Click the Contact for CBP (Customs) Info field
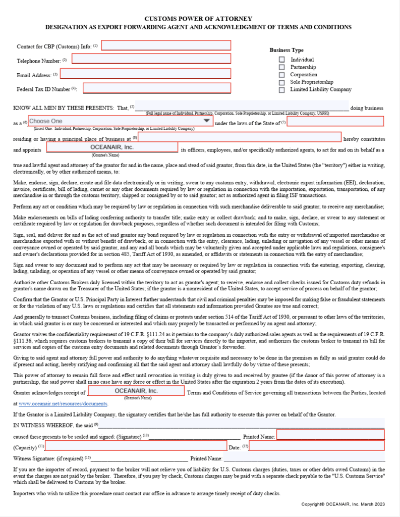166,46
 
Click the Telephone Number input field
151,59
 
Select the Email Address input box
145,74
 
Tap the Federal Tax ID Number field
157,88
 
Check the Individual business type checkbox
282,60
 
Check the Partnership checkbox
282,67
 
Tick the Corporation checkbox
282,75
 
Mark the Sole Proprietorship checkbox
282,82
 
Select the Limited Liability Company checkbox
282,90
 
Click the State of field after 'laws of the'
335,122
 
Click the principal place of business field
240,137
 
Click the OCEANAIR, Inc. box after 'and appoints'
112,147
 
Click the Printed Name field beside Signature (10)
330,435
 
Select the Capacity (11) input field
136,446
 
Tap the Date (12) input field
317,446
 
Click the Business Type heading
287,50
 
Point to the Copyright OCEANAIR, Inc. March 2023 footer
343,504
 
